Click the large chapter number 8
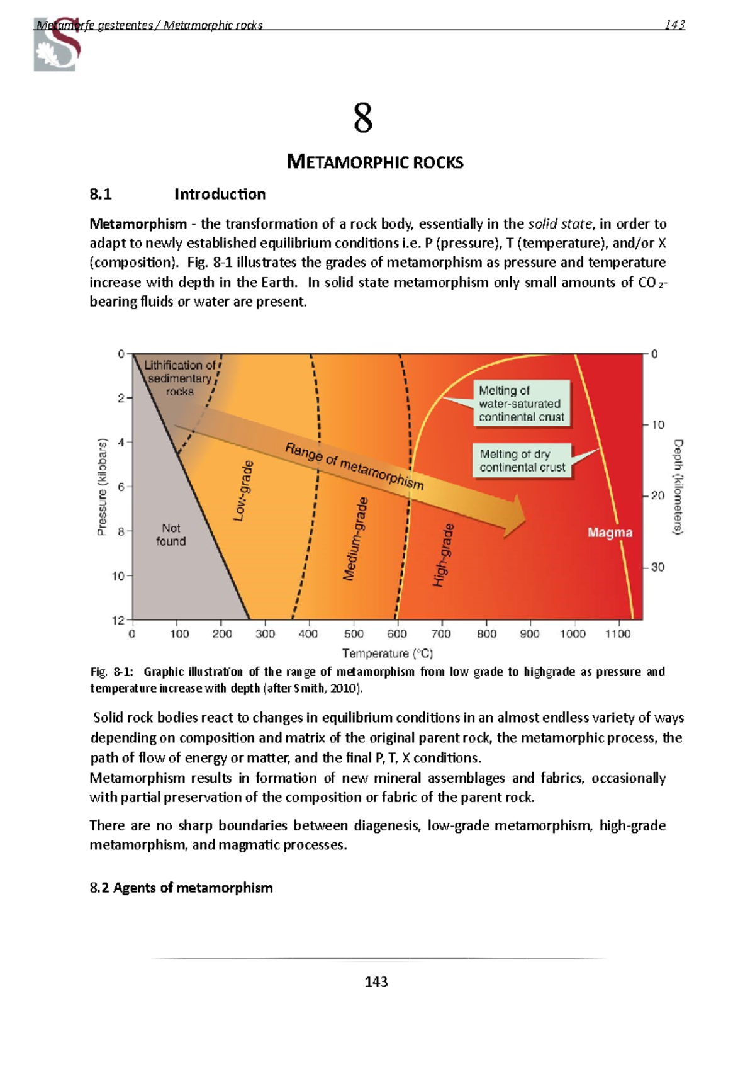(363, 118)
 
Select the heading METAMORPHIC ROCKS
(375, 162)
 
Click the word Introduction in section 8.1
(220, 194)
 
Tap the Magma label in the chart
(610, 533)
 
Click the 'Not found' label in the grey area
(171, 534)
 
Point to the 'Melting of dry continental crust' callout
(522, 461)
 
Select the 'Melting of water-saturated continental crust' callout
(521, 404)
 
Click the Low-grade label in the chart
(243, 490)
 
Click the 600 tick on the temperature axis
(397, 633)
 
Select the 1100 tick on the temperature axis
(617, 633)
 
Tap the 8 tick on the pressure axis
(121, 531)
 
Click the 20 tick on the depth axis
(657, 495)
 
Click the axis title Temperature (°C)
(387, 653)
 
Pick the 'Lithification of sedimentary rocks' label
(179, 378)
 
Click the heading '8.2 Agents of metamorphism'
(181, 888)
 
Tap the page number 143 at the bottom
(376, 982)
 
